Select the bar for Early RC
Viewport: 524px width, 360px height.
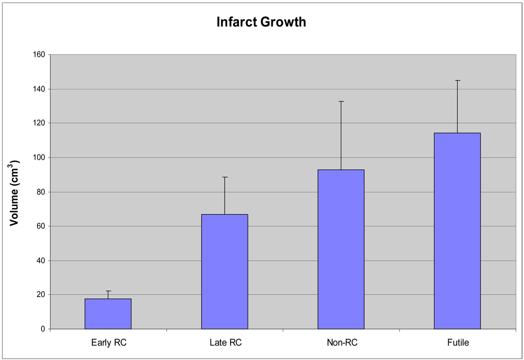coord(108,314)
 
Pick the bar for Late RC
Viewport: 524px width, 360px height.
coord(225,271)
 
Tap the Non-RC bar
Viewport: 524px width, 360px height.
coord(341,249)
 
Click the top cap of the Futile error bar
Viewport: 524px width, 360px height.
coord(457,80)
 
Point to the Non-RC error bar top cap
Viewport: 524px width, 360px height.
coord(341,101)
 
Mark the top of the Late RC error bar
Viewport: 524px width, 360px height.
coord(225,177)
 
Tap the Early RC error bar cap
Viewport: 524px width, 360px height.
coord(108,291)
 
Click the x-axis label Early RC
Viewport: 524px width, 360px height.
coord(108,343)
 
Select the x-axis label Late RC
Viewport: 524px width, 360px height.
coord(225,343)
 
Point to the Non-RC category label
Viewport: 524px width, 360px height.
coord(341,343)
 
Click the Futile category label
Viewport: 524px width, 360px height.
coord(457,343)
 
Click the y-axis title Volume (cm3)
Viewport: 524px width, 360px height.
coord(14,192)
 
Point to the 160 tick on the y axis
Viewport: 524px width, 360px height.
coord(39,54)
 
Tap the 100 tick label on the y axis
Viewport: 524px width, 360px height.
coord(39,158)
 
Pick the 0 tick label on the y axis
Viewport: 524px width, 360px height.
coord(43,329)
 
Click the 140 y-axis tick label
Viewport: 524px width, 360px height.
coord(39,89)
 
